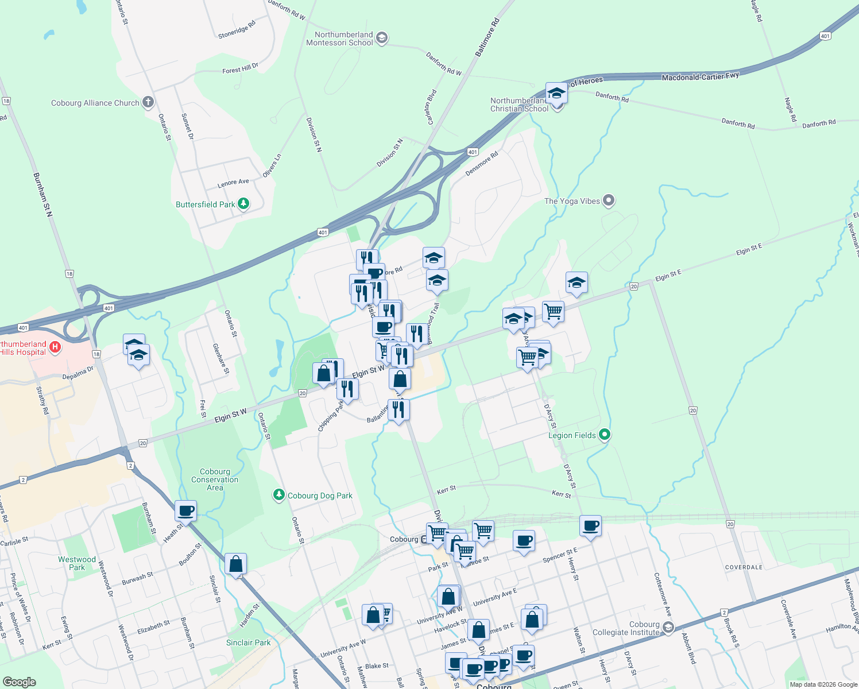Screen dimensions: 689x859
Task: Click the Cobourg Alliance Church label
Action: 95,103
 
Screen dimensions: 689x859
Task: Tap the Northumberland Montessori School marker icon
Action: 382,38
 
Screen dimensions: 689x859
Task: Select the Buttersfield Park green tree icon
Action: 243,204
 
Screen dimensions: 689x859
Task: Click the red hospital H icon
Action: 55,347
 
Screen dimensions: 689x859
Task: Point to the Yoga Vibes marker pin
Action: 609,201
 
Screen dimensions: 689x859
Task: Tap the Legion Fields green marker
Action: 604,435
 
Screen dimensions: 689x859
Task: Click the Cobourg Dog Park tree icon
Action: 279,495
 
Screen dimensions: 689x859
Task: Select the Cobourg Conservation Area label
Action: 215,479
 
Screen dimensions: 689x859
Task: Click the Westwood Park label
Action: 77,563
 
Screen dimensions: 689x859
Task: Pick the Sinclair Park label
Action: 248,642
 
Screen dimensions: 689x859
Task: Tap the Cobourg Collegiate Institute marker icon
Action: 668,628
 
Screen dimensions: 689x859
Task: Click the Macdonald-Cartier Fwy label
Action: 700,76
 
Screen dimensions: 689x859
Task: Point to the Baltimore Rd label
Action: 487,37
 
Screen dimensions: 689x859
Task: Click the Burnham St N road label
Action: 43,195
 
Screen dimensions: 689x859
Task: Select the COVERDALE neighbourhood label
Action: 744,567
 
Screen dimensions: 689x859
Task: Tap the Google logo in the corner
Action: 20,682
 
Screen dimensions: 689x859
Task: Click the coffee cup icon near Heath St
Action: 185,509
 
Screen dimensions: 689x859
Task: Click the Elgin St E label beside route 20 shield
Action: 668,276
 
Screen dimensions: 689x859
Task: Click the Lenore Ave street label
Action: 233,183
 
